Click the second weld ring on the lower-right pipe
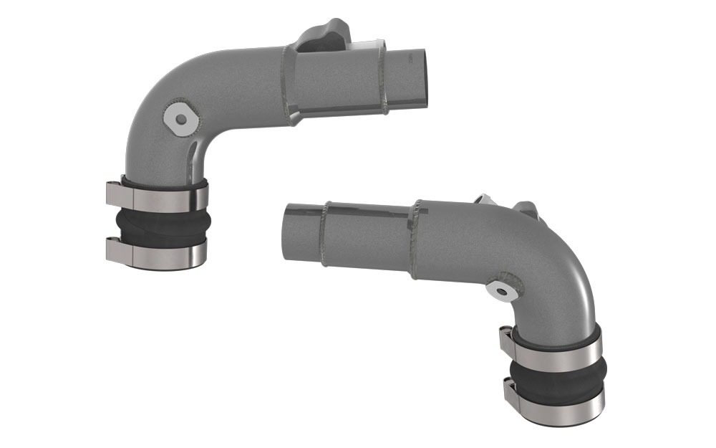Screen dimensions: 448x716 pos(415,233)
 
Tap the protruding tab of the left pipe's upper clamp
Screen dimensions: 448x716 pos(114,191)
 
